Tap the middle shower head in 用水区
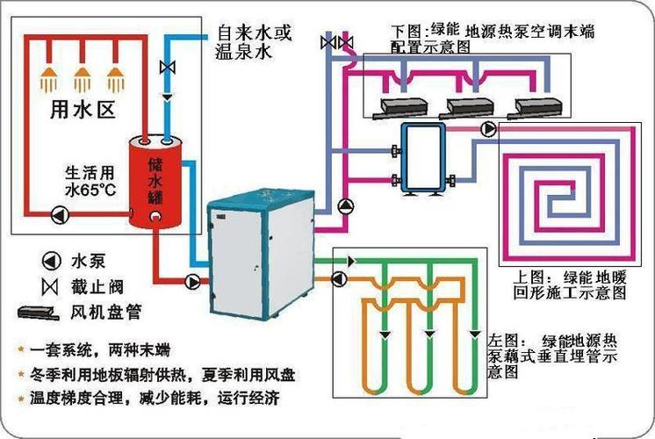[x=83, y=76]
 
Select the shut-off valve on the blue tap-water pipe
[x=166, y=67]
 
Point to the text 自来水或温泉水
[x=253, y=43]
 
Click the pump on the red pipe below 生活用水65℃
[x=58, y=213]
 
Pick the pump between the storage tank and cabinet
[x=192, y=282]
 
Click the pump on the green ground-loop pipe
[x=337, y=278]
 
